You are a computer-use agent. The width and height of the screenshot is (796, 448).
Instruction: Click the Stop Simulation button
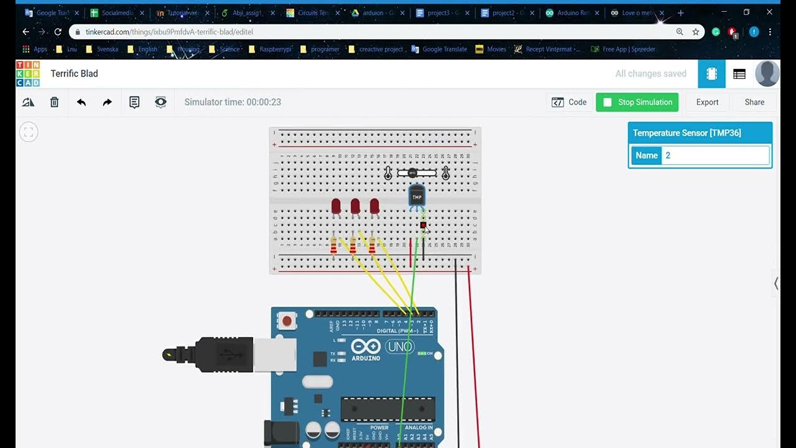pyautogui.click(x=637, y=102)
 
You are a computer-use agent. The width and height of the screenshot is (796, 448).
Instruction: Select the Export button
pyautogui.click(x=707, y=102)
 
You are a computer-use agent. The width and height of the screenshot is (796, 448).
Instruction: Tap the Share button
pyautogui.click(x=754, y=102)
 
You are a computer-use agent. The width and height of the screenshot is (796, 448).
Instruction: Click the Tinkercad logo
pyautogui.click(x=28, y=73)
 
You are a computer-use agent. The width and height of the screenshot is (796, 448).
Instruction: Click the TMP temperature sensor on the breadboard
pyautogui.click(x=417, y=196)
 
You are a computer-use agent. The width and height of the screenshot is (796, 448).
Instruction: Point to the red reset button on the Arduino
pyautogui.click(x=287, y=321)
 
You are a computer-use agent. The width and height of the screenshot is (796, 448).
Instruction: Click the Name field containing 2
pyautogui.click(x=715, y=156)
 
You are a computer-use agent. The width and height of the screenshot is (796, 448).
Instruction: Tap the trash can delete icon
pyautogui.click(x=55, y=102)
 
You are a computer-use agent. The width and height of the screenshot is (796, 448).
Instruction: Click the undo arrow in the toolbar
pyautogui.click(x=81, y=102)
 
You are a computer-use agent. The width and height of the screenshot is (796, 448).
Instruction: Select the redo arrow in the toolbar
pyautogui.click(x=108, y=102)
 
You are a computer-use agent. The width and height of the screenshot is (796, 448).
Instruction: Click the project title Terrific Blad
pyautogui.click(x=74, y=73)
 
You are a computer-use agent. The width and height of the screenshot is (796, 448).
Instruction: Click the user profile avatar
pyautogui.click(x=767, y=73)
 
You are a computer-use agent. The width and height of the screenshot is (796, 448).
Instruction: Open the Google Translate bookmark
pyautogui.click(x=444, y=49)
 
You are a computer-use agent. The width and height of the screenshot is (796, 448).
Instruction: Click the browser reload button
pyautogui.click(x=58, y=32)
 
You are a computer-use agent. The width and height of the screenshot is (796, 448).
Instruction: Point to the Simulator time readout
pyautogui.click(x=233, y=102)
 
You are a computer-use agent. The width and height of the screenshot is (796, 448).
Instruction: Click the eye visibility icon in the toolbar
pyautogui.click(x=160, y=102)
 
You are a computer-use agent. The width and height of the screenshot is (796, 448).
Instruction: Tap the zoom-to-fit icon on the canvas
pyautogui.click(x=29, y=132)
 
